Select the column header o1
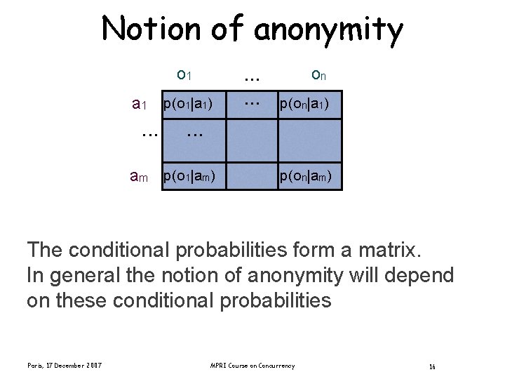185,74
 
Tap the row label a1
139,105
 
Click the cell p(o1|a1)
188,105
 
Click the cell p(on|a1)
311,105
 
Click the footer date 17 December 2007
65,365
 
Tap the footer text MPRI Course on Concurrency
252,365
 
